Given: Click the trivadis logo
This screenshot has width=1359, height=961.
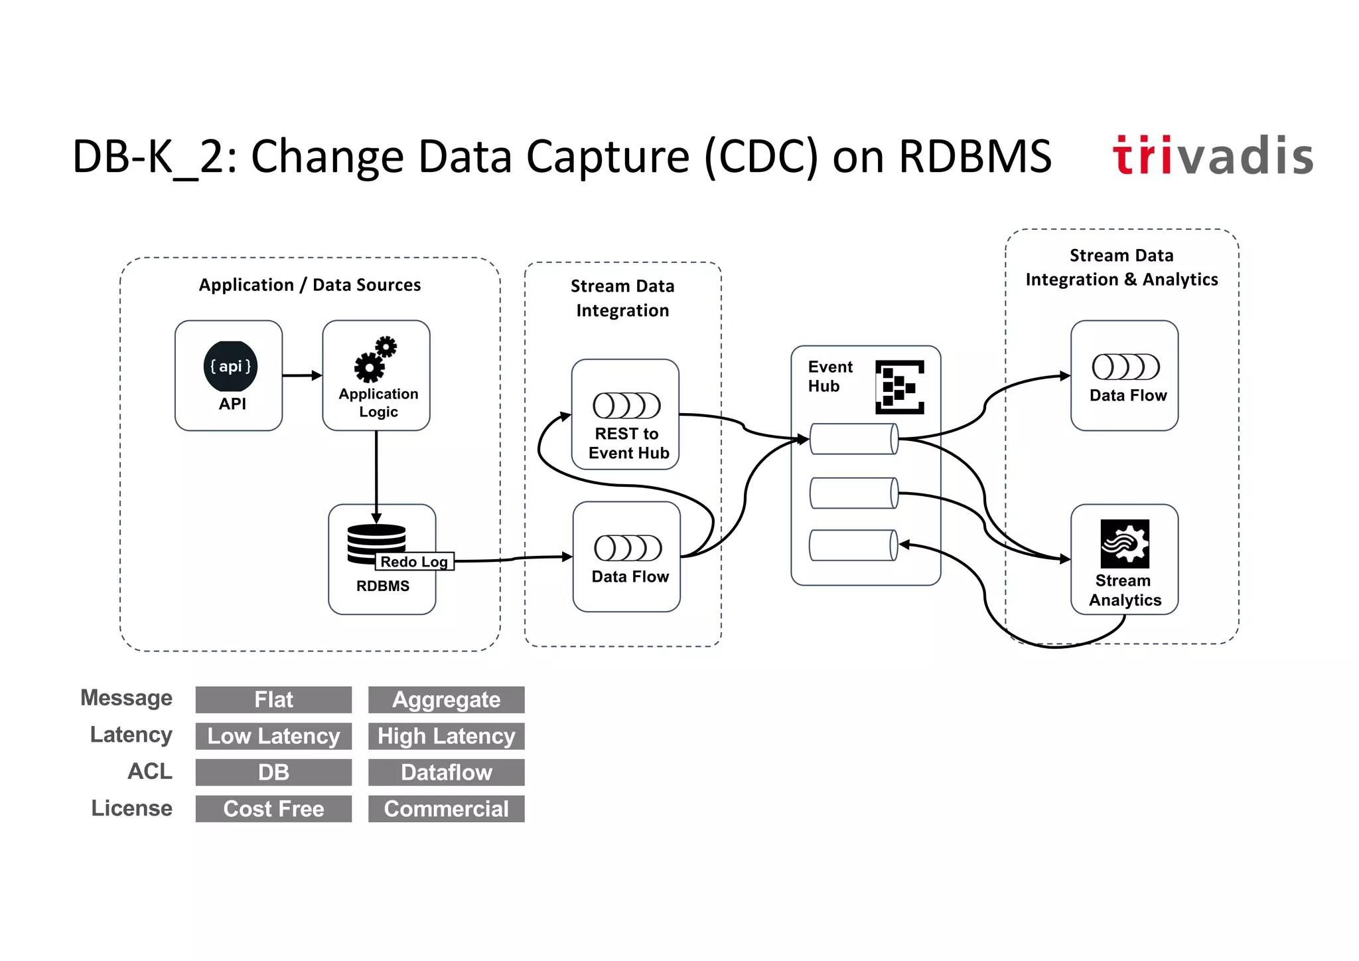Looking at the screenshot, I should pyautogui.click(x=1212, y=156).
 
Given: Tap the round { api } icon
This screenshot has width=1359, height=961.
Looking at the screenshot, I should pyautogui.click(x=230, y=366).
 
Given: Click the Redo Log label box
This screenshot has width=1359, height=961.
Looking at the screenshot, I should pyautogui.click(x=415, y=562).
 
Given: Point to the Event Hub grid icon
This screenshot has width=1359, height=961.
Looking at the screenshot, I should pyautogui.click(x=899, y=387).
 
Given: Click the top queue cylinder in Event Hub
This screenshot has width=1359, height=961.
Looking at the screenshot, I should pyautogui.click(x=854, y=439).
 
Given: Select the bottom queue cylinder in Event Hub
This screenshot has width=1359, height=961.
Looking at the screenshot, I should pyautogui.click(x=853, y=545).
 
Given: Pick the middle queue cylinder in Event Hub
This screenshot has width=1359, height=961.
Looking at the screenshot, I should pyautogui.click(x=854, y=493).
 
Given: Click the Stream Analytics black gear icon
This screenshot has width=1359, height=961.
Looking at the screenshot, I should pyautogui.click(x=1125, y=544).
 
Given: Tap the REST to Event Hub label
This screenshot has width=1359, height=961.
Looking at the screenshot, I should pyautogui.click(x=628, y=443).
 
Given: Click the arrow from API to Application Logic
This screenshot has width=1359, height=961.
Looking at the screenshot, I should pyautogui.click(x=302, y=376).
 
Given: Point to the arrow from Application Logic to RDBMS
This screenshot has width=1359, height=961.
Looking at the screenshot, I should pyautogui.click(x=376, y=475).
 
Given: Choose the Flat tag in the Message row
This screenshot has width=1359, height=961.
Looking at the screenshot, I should pyautogui.click(x=273, y=700).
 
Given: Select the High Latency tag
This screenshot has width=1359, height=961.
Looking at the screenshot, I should pyautogui.click(x=446, y=737).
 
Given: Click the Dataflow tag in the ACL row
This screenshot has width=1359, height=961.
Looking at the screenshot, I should pyautogui.click(x=446, y=772).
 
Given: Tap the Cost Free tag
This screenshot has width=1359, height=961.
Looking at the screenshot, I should pyautogui.click(x=273, y=809).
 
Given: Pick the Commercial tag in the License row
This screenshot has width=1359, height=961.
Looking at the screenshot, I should pyautogui.click(x=446, y=809).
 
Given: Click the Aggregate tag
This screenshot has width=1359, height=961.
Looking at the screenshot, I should pyautogui.click(x=446, y=700).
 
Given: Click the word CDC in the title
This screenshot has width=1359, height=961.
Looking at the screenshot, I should pyautogui.click(x=760, y=157).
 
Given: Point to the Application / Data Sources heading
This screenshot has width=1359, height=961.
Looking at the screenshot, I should pyautogui.click(x=310, y=285).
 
